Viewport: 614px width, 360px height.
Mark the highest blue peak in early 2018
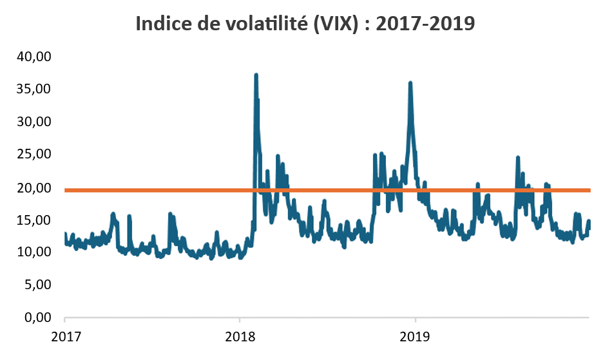tap(256, 75)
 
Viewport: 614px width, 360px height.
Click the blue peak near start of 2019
tap(410, 83)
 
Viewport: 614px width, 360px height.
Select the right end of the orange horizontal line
tap(589, 190)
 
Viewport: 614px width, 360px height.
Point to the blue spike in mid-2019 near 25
tap(517, 158)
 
